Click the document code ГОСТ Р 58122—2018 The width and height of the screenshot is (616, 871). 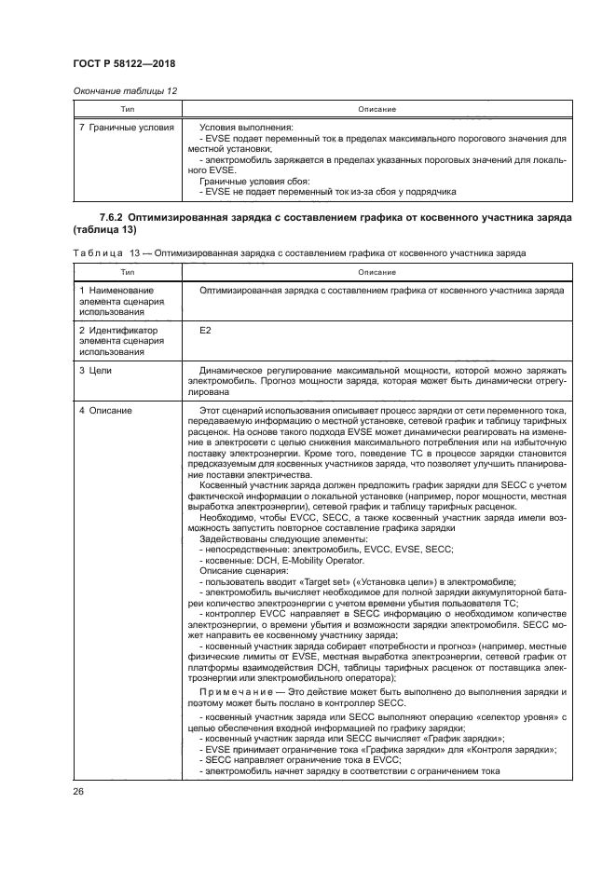click(x=124, y=63)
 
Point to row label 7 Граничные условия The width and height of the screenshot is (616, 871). click(x=126, y=127)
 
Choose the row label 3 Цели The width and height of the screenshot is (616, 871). click(x=96, y=371)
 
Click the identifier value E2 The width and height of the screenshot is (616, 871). click(x=206, y=330)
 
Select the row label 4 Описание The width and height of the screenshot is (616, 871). click(x=105, y=411)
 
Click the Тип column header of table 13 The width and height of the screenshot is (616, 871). click(x=124, y=272)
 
